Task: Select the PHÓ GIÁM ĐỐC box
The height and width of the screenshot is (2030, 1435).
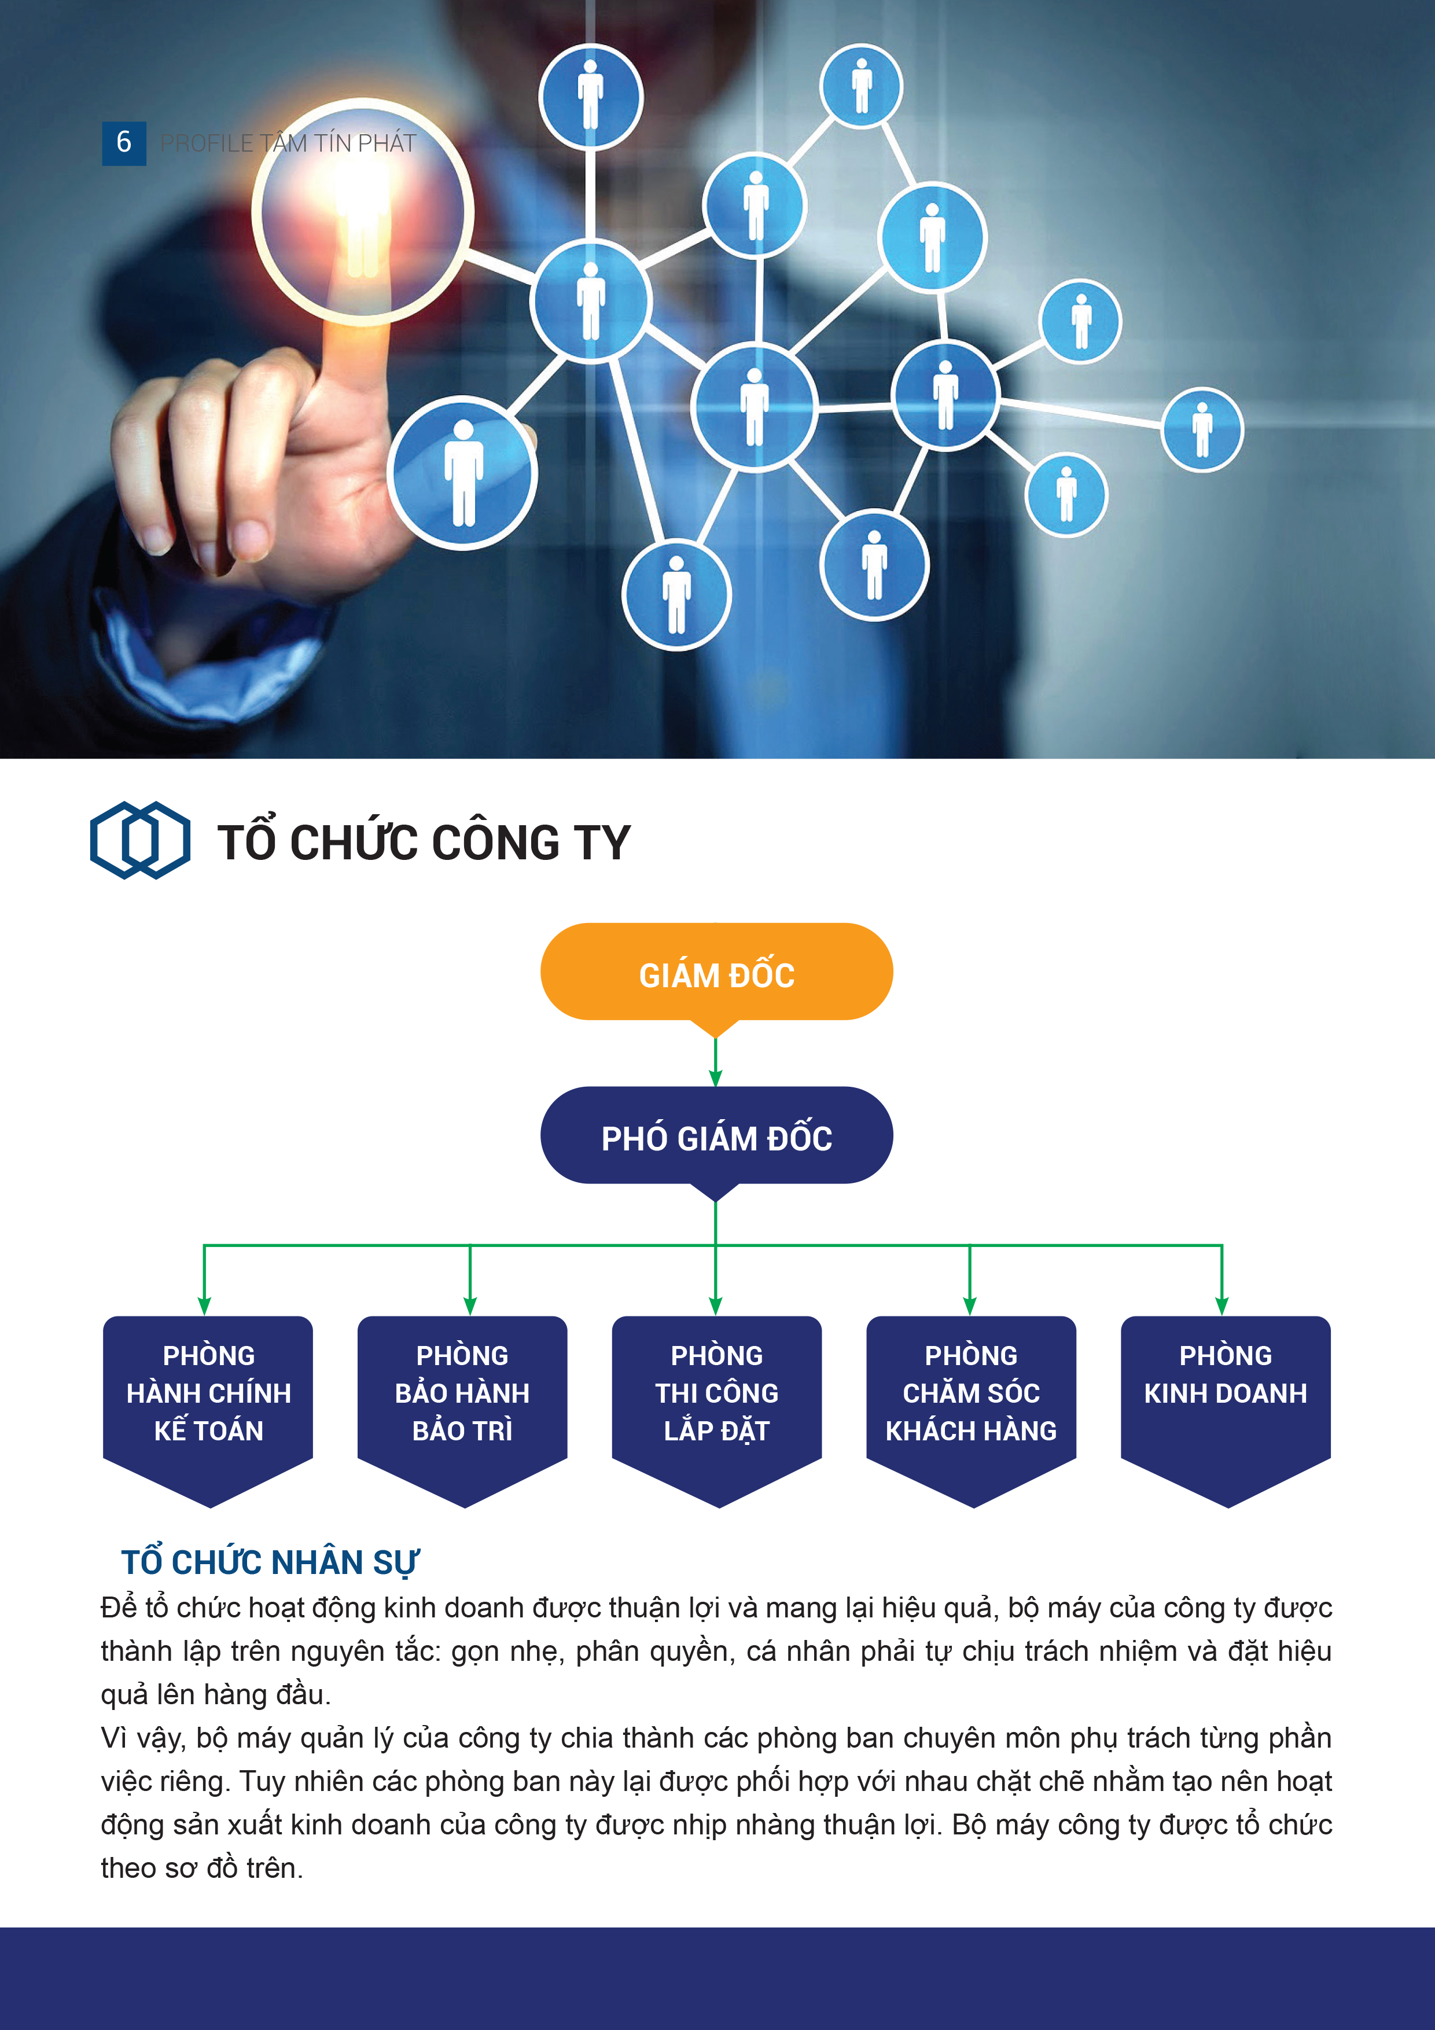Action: [x=716, y=1137]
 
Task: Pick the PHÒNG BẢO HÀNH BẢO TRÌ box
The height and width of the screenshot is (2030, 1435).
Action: [x=462, y=1406]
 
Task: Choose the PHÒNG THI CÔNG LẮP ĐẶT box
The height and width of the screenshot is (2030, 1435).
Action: [x=717, y=1406]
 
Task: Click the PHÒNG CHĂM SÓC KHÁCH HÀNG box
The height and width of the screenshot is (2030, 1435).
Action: [x=971, y=1406]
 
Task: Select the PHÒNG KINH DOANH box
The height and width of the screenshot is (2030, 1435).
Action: [x=1226, y=1406]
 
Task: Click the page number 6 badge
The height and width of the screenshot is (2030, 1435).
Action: [x=124, y=142]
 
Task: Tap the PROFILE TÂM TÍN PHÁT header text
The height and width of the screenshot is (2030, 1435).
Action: [x=288, y=144]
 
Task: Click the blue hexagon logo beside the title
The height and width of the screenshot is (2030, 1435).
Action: [x=139, y=840]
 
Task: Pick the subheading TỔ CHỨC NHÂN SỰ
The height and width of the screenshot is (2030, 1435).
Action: [x=270, y=1562]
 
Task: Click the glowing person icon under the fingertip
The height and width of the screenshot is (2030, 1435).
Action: [x=362, y=212]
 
